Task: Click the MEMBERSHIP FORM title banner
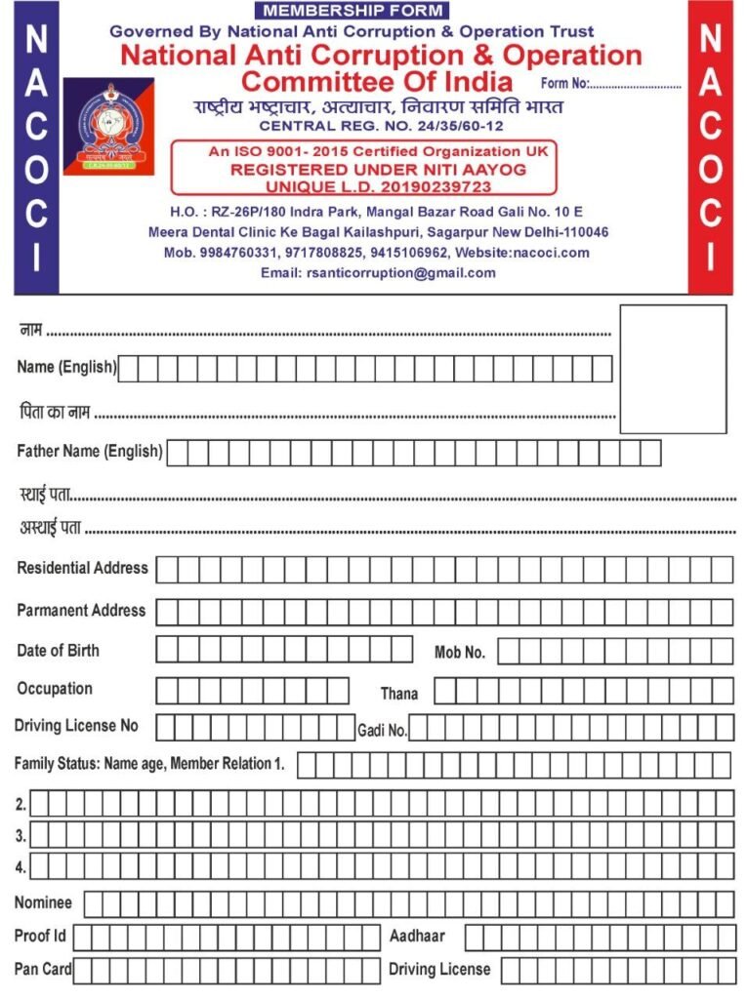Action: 353,11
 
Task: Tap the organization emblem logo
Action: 108,126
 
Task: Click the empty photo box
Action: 674,369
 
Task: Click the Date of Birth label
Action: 58,651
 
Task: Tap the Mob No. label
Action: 460,652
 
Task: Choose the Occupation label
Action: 55,689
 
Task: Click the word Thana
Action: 399,694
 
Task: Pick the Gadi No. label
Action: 382,730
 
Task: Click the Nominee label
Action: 43,902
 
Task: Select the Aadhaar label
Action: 417,936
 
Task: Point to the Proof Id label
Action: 40,936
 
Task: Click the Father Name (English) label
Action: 89,452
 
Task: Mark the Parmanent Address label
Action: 81,611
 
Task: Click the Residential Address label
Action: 82,568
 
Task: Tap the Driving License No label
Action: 76,726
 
